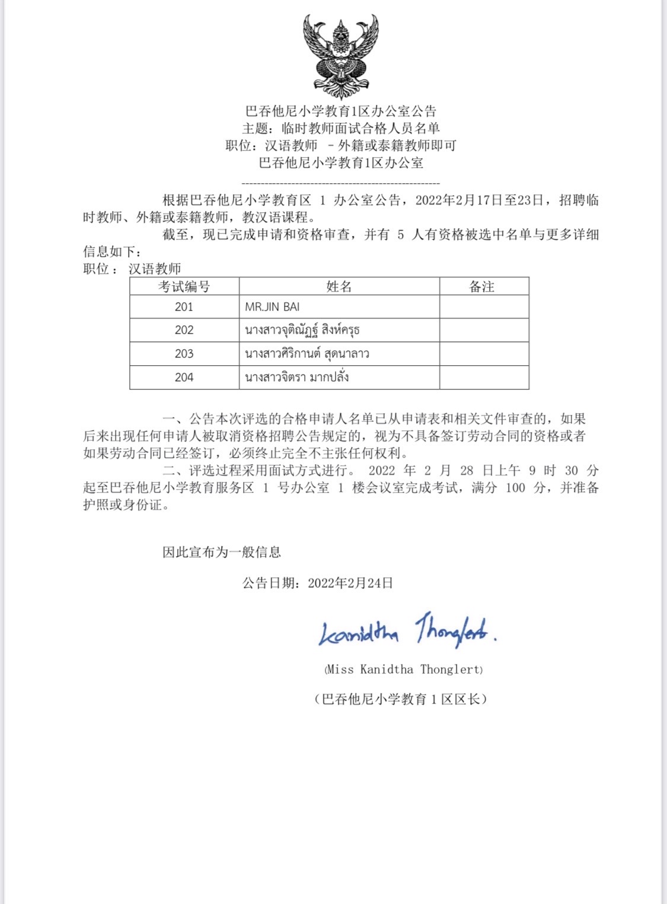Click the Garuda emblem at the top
(340, 56)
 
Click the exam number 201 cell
(184, 306)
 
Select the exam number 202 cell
(184, 330)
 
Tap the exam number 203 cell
(184, 354)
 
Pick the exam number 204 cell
(184, 378)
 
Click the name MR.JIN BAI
(272, 307)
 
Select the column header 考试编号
(184, 287)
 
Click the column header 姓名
(339, 287)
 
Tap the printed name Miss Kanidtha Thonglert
(404, 670)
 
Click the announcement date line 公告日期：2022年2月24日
(318, 583)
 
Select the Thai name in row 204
(296, 377)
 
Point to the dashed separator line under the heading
(341, 184)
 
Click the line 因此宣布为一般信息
(222, 552)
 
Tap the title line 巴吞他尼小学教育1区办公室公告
(341, 111)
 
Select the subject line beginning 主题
(341, 128)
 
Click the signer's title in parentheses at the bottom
(401, 699)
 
